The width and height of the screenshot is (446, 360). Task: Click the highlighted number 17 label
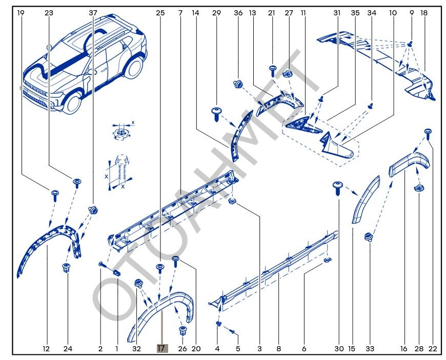click(x=162, y=348)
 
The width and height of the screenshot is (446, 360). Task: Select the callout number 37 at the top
click(x=93, y=12)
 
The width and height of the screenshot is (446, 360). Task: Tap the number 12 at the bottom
click(x=46, y=349)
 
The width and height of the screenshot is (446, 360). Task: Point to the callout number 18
click(x=423, y=12)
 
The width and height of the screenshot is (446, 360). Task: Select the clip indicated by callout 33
click(x=368, y=237)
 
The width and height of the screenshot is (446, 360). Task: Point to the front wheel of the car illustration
click(x=71, y=101)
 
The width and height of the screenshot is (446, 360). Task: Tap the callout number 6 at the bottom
click(x=304, y=349)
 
